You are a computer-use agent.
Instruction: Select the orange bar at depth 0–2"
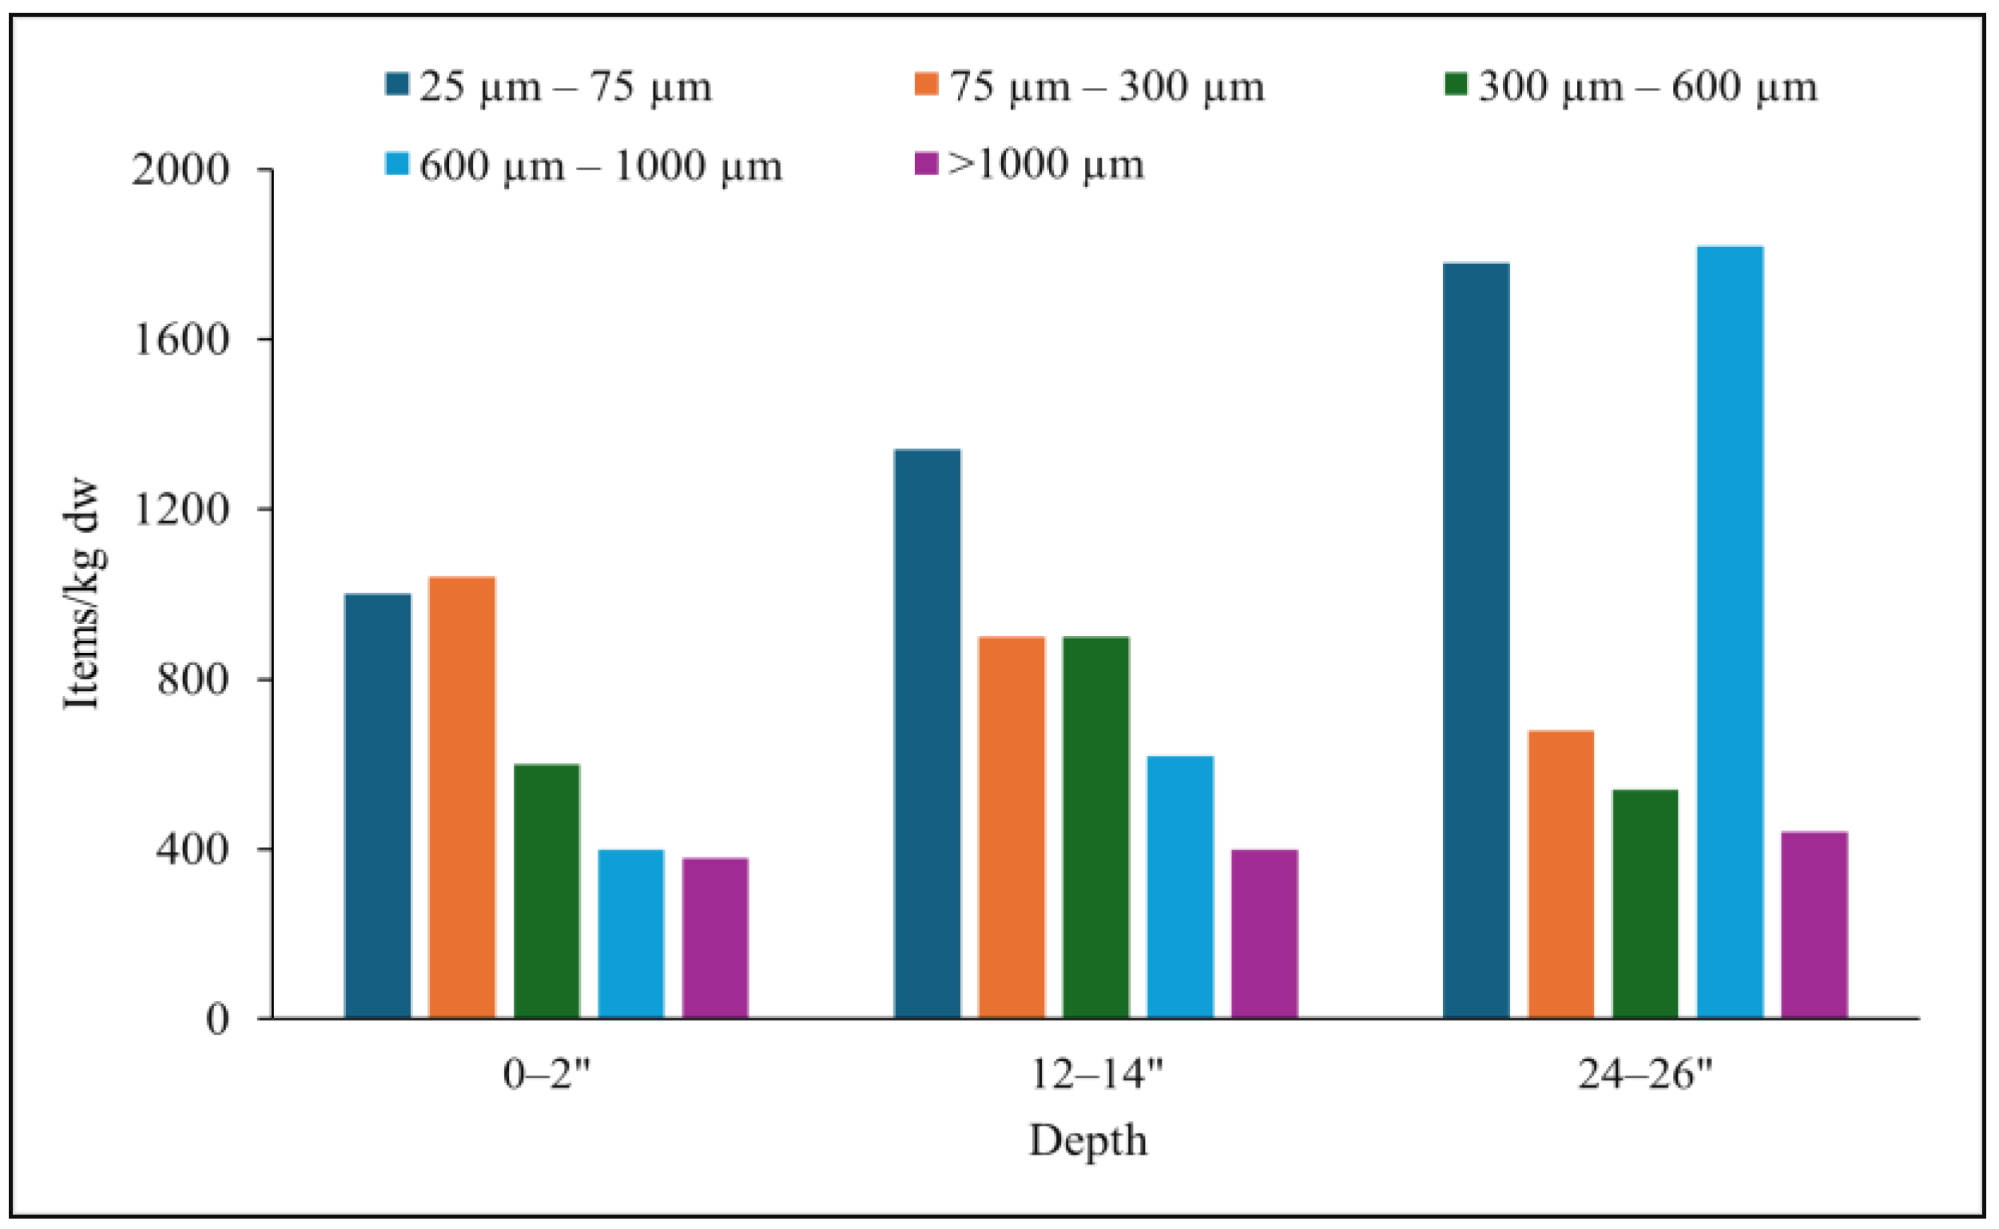462,797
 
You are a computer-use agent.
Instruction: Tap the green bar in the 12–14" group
1095,826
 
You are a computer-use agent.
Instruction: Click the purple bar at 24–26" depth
1814,925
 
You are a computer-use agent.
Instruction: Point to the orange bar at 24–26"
1560,873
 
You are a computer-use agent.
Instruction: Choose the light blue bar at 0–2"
630,933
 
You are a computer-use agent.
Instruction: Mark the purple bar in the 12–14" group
1265,933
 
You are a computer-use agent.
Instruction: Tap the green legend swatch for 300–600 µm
1456,84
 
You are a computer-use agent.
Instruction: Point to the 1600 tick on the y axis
181,340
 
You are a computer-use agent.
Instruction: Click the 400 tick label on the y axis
193,849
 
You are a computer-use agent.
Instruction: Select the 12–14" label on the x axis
1096,1075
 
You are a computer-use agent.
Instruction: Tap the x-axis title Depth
1088,1140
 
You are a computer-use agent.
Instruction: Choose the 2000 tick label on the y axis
181,170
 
